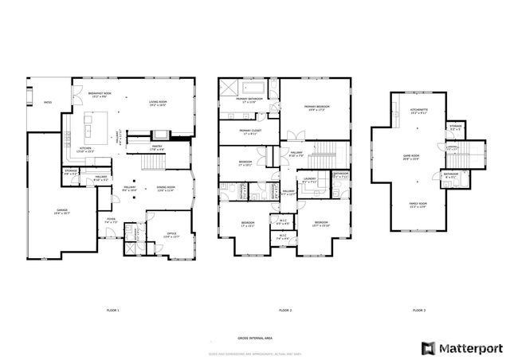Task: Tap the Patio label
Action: (47, 102)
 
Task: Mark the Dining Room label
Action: (166, 189)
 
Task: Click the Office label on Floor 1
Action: (171, 235)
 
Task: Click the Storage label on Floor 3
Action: (455, 126)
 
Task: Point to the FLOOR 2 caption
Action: (285, 309)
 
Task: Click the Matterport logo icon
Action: (430, 348)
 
